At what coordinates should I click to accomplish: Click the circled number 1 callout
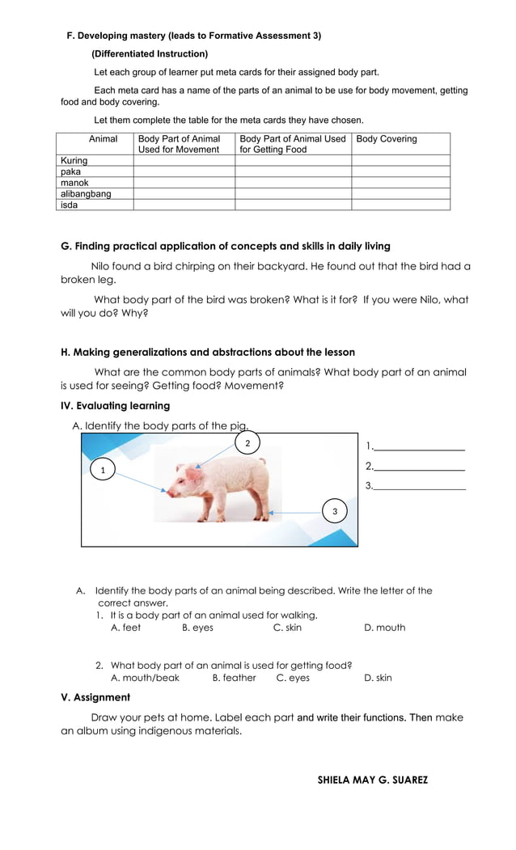[102, 470]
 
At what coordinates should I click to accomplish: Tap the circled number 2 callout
[247, 442]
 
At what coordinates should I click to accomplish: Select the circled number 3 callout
[335, 511]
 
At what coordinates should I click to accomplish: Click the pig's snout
[169, 491]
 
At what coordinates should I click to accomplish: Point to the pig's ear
[193, 469]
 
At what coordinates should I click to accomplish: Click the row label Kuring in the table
[74, 161]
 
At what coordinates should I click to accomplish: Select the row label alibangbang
[86, 194]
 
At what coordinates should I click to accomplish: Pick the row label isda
[70, 205]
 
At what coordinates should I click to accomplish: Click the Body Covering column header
[387, 139]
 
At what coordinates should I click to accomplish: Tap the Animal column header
[103, 139]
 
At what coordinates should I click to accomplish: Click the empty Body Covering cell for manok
[400, 183]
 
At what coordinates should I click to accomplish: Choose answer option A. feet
[125, 628]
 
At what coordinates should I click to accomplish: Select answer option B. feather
[234, 678]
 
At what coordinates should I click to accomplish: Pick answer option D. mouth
[384, 628]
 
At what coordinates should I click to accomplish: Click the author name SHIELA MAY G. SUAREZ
[372, 780]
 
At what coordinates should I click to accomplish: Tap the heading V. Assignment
[95, 697]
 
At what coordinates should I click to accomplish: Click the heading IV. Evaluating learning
[116, 406]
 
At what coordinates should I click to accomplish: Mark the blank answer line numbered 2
[419, 467]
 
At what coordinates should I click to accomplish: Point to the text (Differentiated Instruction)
[150, 54]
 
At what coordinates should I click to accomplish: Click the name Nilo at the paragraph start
[101, 266]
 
